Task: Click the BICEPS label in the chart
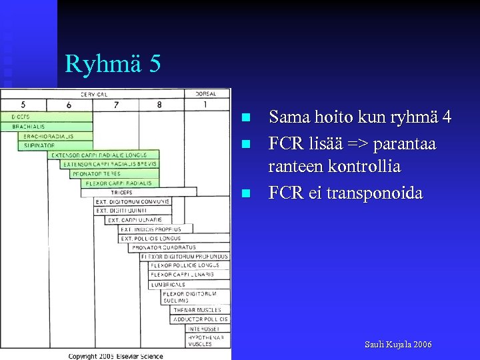click(x=21, y=117)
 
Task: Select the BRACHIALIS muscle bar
click(x=29, y=126)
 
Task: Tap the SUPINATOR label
click(x=39, y=145)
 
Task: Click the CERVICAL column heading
click(x=94, y=94)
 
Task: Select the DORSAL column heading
click(x=206, y=94)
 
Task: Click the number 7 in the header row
click(x=116, y=105)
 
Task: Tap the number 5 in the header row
click(x=23, y=105)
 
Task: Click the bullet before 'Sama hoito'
click(x=245, y=117)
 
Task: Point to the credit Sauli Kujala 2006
click(x=397, y=344)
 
